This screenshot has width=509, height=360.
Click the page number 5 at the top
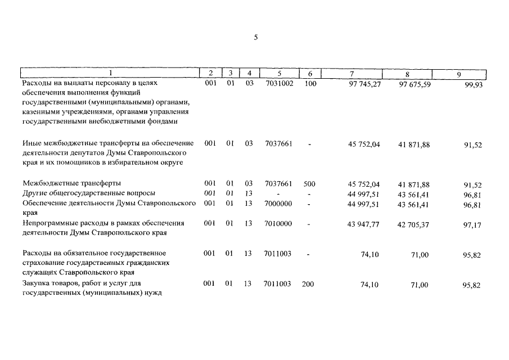pyautogui.click(x=255, y=38)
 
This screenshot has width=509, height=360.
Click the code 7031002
pyautogui.click(x=279, y=83)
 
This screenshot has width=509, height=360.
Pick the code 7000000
pyautogui.click(x=278, y=204)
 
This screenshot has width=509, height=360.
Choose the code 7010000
pyautogui.click(x=278, y=223)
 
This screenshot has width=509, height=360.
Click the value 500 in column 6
pyautogui.click(x=309, y=183)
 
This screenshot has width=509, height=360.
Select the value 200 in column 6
pyautogui.click(x=308, y=284)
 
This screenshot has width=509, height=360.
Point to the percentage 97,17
pyautogui.click(x=472, y=225)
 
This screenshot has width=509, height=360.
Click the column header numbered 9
pyautogui.click(x=459, y=74)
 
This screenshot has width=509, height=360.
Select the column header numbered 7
pyautogui.click(x=352, y=74)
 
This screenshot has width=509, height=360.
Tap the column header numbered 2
pyautogui.click(x=210, y=73)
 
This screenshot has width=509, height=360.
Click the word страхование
pyautogui.click(x=43, y=263)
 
